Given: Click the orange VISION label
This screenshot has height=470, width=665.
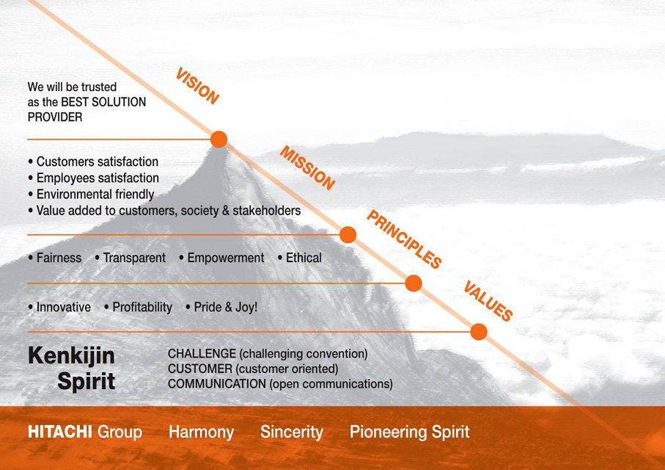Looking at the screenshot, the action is (x=197, y=86).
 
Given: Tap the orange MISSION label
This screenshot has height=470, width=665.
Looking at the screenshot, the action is (x=307, y=168).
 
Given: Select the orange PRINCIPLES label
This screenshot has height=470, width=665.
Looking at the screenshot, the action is (x=404, y=239).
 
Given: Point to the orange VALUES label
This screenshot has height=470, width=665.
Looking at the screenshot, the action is (x=488, y=301).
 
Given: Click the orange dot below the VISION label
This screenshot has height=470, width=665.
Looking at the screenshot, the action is (x=218, y=140).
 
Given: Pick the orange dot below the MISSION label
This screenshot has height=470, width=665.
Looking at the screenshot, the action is (x=348, y=234).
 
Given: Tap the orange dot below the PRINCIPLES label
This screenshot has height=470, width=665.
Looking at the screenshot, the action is (x=414, y=283).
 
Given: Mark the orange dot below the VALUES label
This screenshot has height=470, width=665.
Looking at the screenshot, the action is (x=479, y=331).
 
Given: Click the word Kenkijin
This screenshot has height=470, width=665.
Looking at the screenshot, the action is (x=71, y=356).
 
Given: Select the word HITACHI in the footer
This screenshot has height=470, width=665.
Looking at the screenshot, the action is (x=60, y=432).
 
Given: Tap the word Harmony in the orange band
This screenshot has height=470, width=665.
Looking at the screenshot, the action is (x=202, y=433).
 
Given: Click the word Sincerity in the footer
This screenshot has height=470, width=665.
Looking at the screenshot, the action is (x=292, y=433).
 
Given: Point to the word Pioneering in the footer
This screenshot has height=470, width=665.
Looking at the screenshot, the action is (x=388, y=433).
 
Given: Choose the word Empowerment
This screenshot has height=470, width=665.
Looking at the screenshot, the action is (x=226, y=258).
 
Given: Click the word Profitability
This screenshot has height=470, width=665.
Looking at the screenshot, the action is (x=142, y=307).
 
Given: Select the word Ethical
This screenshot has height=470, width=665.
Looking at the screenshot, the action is (x=304, y=258).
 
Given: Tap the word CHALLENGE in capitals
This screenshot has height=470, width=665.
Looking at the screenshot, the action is (x=202, y=353).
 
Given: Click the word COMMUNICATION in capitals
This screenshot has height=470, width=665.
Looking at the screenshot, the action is (x=217, y=384).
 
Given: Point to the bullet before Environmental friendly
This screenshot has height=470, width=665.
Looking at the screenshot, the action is (x=31, y=195).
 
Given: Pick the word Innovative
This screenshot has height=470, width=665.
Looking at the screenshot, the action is (x=64, y=307).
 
